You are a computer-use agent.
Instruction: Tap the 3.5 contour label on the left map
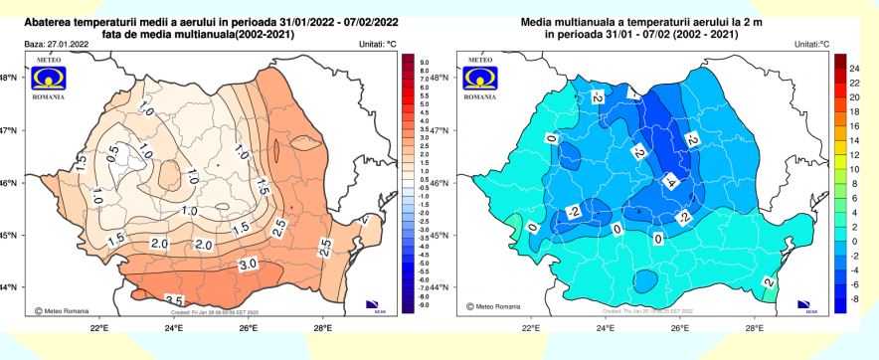click(172, 300)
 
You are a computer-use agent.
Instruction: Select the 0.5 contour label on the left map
click(113, 149)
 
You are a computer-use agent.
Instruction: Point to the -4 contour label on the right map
click(670, 181)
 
